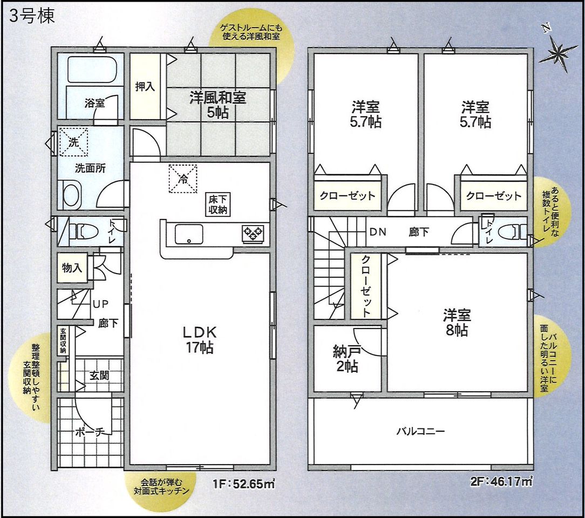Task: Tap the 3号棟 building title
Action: [x=32, y=16]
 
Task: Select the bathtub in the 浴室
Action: [x=92, y=70]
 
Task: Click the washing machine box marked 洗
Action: [x=73, y=142]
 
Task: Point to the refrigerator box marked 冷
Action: [x=183, y=179]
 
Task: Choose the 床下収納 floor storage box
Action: [x=218, y=205]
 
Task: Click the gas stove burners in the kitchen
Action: [x=253, y=234]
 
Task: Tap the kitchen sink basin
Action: [x=189, y=234]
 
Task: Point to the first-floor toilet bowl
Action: [x=86, y=231]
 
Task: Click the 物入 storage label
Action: [x=72, y=268]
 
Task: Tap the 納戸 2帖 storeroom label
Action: [x=345, y=359]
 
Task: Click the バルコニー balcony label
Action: [x=420, y=432]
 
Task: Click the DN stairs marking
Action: [x=378, y=233]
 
